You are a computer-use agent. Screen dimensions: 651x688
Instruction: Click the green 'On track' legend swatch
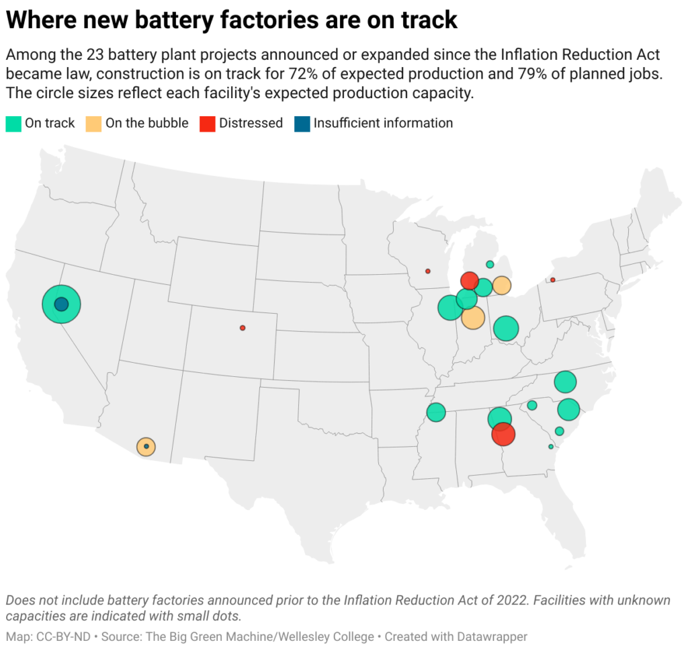coord(13,124)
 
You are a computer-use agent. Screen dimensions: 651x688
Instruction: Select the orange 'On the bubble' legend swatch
coord(94,124)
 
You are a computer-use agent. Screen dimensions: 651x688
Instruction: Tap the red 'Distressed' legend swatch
coord(208,124)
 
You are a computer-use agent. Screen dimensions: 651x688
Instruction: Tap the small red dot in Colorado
coord(243,328)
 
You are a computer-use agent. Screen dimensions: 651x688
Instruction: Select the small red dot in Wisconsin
coord(428,271)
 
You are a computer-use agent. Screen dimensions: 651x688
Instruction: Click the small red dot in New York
coord(553,280)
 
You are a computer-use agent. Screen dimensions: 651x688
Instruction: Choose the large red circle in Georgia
coord(503,435)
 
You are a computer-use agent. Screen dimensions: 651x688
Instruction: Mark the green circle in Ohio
coord(506,329)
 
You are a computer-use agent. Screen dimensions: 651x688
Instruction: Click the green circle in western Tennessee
coord(436,412)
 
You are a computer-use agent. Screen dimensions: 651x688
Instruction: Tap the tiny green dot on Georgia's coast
coord(551,447)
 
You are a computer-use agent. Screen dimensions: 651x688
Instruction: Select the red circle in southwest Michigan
coord(470,280)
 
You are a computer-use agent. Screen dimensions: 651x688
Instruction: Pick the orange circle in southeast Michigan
coord(501,286)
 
